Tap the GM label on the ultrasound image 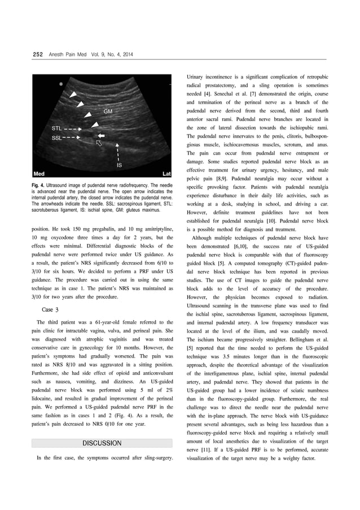(x=108, y=112)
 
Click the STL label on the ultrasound (x=57, y=129)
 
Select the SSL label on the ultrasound (x=57, y=137)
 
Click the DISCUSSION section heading (x=102, y=443)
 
